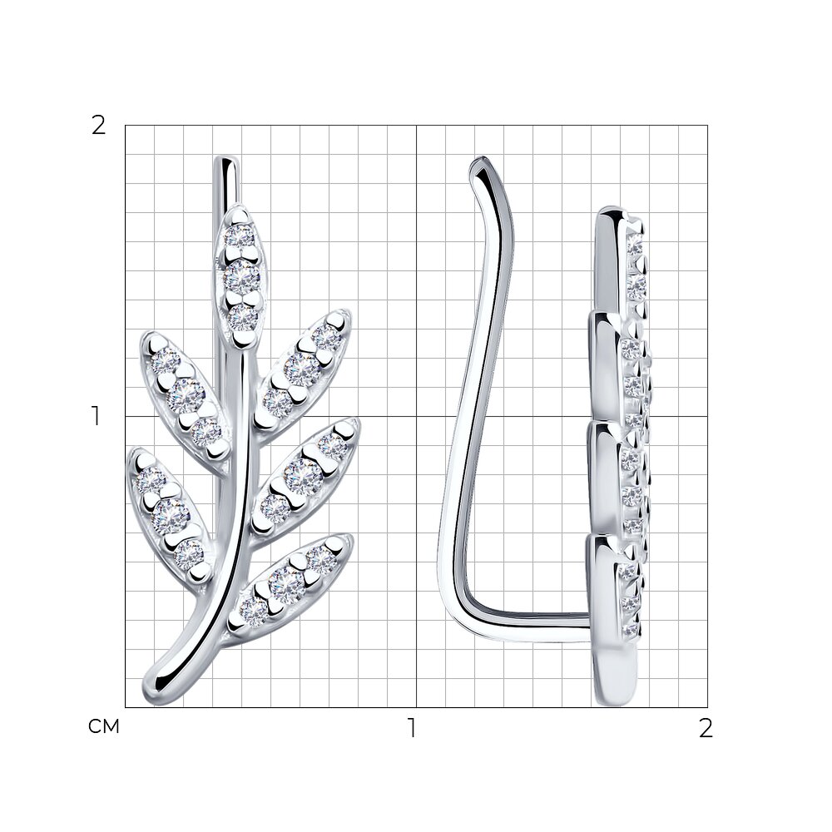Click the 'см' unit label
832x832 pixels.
click(x=104, y=726)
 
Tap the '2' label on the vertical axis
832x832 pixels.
click(x=99, y=126)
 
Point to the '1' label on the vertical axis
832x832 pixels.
click(x=96, y=417)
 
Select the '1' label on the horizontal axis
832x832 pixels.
click(x=411, y=727)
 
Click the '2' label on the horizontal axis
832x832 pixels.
click(x=706, y=729)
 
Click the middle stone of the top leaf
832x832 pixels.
click(x=241, y=276)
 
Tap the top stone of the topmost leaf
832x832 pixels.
click(x=240, y=236)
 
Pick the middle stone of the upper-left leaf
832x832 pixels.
click(x=185, y=395)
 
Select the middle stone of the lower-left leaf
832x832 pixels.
click(x=170, y=514)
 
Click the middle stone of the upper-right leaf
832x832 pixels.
click(x=303, y=369)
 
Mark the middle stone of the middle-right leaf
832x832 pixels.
click(x=304, y=476)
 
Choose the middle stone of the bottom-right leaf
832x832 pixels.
click(x=286, y=584)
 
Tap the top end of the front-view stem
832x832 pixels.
click(x=226, y=158)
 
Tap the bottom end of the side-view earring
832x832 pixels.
click(x=615, y=701)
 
